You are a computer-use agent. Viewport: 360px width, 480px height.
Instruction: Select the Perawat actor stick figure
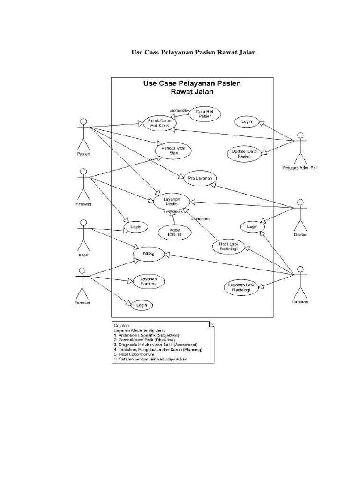[83, 184]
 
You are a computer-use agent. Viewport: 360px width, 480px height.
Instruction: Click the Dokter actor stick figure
[300, 213]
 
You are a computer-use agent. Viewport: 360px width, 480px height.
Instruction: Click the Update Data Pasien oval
[244, 154]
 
